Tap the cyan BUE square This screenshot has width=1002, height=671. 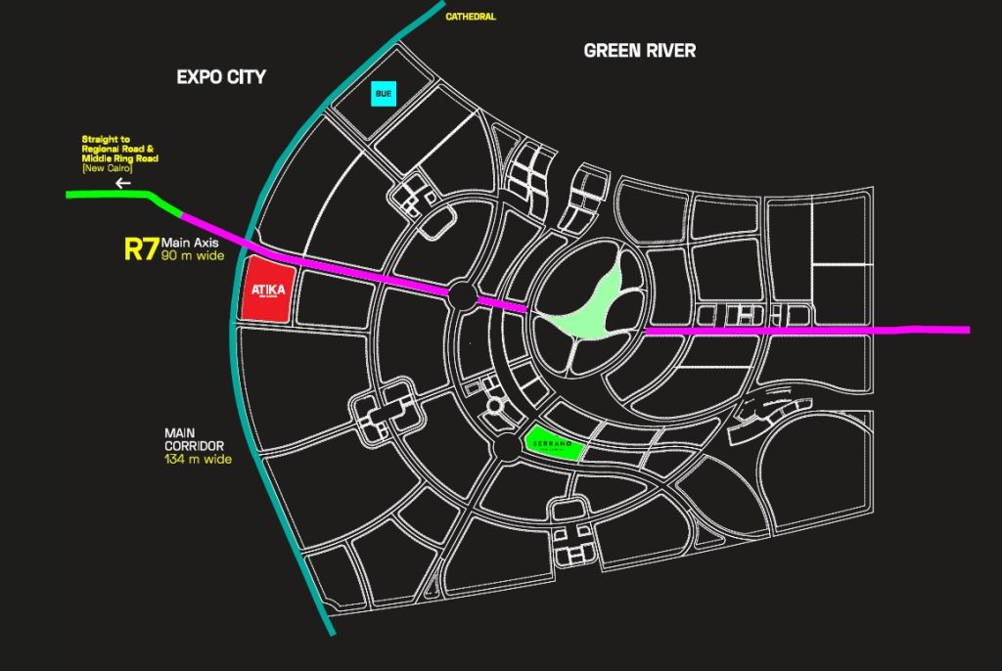coord(383,94)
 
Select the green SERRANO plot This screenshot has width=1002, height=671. coord(554,443)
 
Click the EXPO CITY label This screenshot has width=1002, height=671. coord(221,76)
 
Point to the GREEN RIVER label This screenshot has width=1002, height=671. coord(639,50)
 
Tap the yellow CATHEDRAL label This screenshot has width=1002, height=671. coord(471,17)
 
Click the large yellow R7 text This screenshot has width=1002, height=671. coord(141,248)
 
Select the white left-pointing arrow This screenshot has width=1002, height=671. coord(122,183)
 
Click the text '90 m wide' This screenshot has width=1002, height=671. coord(194,256)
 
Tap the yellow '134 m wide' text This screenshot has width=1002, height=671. coord(198,459)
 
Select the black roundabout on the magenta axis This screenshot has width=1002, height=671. coord(463,293)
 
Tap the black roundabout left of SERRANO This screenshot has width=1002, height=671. coord(506,448)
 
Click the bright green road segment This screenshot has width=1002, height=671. coord(117,196)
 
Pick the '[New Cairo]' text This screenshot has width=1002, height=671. coord(108,168)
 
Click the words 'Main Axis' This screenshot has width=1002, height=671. coord(194,243)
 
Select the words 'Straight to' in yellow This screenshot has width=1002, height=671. coord(106,140)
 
